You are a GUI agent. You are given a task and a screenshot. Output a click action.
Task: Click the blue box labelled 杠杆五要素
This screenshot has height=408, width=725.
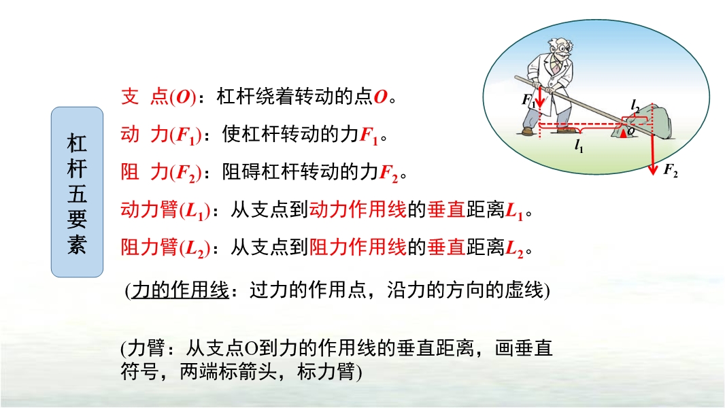(x=78, y=192)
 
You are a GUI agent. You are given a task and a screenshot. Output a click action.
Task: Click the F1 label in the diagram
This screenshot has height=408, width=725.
(x=528, y=100)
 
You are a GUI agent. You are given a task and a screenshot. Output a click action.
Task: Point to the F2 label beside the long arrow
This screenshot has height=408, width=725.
(x=671, y=170)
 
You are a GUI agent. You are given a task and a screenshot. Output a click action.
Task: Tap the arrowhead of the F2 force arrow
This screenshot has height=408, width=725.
(x=652, y=169)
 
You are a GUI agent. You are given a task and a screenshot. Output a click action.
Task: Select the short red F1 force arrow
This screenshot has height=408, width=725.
(x=539, y=96)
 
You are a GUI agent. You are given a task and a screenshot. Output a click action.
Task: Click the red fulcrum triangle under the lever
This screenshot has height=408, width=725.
(x=624, y=133)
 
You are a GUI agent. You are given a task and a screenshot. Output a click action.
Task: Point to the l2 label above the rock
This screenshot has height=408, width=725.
(x=635, y=106)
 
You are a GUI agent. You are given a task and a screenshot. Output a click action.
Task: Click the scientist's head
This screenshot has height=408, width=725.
(x=560, y=48)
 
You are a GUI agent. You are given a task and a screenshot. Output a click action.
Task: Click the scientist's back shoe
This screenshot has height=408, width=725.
(x=527, y=132)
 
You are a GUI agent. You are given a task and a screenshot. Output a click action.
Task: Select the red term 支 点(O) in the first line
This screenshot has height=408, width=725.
(x=158, y=97)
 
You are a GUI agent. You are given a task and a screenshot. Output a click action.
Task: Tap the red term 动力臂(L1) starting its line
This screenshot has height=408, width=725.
(x=165, y=210)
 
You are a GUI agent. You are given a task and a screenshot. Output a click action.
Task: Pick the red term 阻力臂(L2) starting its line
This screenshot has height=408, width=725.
(x=165, y=248)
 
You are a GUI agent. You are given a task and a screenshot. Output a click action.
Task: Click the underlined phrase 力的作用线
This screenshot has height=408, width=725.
(x=180, y=290)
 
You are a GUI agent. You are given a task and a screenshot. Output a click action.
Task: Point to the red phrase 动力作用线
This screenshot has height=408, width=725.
(x=358, y=209)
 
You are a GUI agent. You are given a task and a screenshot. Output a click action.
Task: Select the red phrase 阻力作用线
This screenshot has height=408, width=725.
(x=358, y=248)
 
